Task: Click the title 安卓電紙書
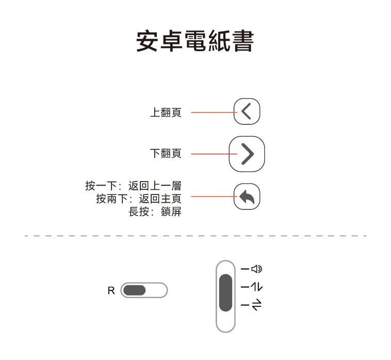click(195, 41)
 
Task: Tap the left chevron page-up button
click(247, 111)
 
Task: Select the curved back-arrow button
click(247, 197)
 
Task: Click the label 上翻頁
click(166, 112)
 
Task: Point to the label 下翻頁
click(166, 154)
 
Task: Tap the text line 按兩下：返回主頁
click(138, 199)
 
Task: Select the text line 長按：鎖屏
click(155, 211)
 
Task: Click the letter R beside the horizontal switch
click(111, 291)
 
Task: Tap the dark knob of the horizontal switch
click(135, 290)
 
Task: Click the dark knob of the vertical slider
click(225, 292)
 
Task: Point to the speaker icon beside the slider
click(257, 269)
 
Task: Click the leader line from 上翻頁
click(212, 112)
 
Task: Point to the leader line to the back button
click(212, 197)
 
